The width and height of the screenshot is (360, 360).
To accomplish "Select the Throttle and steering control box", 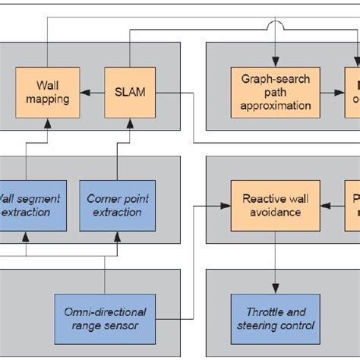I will tap(271, 317).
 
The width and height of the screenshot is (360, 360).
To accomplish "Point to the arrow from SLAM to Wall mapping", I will tap(90, 92).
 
